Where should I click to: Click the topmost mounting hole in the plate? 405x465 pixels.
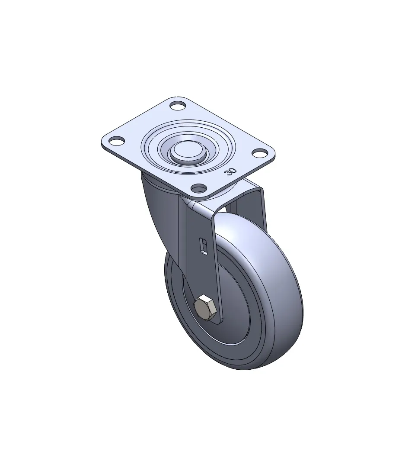click(x=178, y=106)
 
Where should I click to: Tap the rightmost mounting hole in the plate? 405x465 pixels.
click(x=260, y=153)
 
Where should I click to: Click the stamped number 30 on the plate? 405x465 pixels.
click(x=230, y=171)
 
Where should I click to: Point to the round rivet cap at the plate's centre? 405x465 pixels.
click(x=188, y=150)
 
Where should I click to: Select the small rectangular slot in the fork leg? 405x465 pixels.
click(x=203, y=246)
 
